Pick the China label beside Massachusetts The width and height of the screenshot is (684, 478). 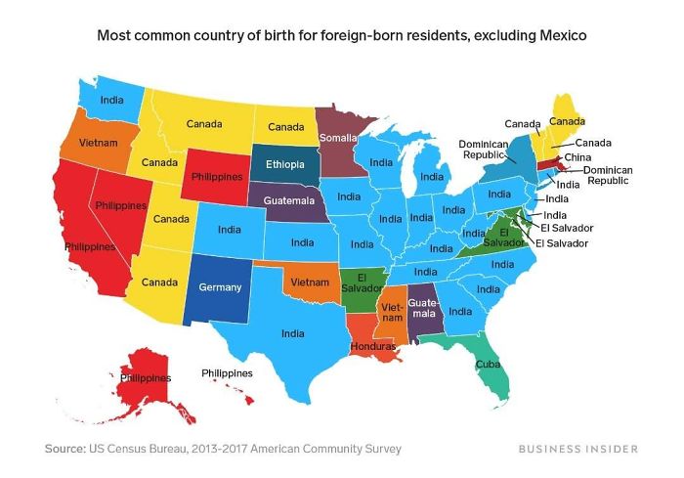(x=577, y=157)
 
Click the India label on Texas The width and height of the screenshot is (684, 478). (x=292, y=334)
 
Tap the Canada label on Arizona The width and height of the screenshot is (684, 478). (x=159, y=282)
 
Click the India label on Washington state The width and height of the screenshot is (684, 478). (x=112, y=99)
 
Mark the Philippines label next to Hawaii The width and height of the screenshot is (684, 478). (x=227, y=373)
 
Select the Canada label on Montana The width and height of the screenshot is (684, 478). (x=205, y=124)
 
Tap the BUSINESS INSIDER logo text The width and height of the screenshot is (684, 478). (x=579, y=449)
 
